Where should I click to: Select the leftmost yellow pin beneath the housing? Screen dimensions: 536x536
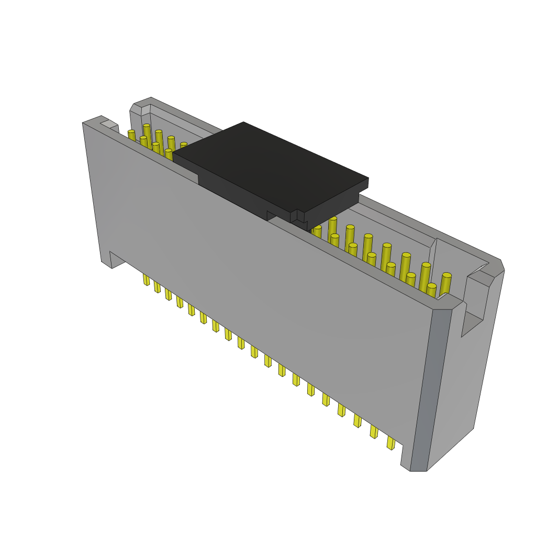[x=146, y=280]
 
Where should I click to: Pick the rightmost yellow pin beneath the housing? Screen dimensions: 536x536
[x=390, y=443]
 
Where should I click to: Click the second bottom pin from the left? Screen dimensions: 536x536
[x=157, y=287]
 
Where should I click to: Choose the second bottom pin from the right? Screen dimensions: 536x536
[x=374, y=431]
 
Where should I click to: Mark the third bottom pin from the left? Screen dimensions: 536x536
[x=168, y=294]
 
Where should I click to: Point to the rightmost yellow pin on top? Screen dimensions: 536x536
[x=445, y=283]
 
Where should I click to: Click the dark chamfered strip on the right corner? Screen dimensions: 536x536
[x=430, y=387]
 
